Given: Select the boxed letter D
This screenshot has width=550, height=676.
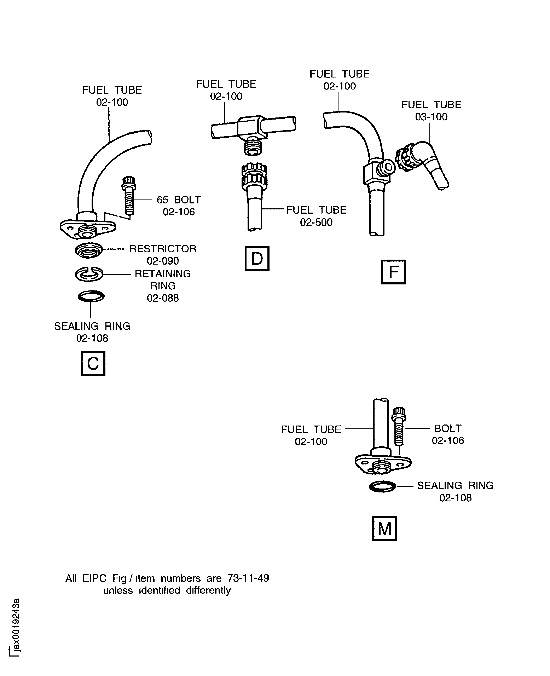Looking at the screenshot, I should (257, 259).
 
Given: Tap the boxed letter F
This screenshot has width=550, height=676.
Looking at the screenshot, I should (393, 272).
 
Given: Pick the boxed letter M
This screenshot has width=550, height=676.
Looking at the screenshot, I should (384, 529).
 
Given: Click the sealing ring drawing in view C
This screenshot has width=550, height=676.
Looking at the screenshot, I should (91, 296).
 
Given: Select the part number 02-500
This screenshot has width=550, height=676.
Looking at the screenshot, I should (316, 222).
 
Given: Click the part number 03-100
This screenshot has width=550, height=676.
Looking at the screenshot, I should (431, 117).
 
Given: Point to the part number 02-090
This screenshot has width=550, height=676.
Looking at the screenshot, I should (163, 261).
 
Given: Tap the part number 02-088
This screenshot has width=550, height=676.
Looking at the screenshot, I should (163, 298).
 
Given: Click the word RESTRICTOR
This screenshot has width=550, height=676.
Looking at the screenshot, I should (163, 249).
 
